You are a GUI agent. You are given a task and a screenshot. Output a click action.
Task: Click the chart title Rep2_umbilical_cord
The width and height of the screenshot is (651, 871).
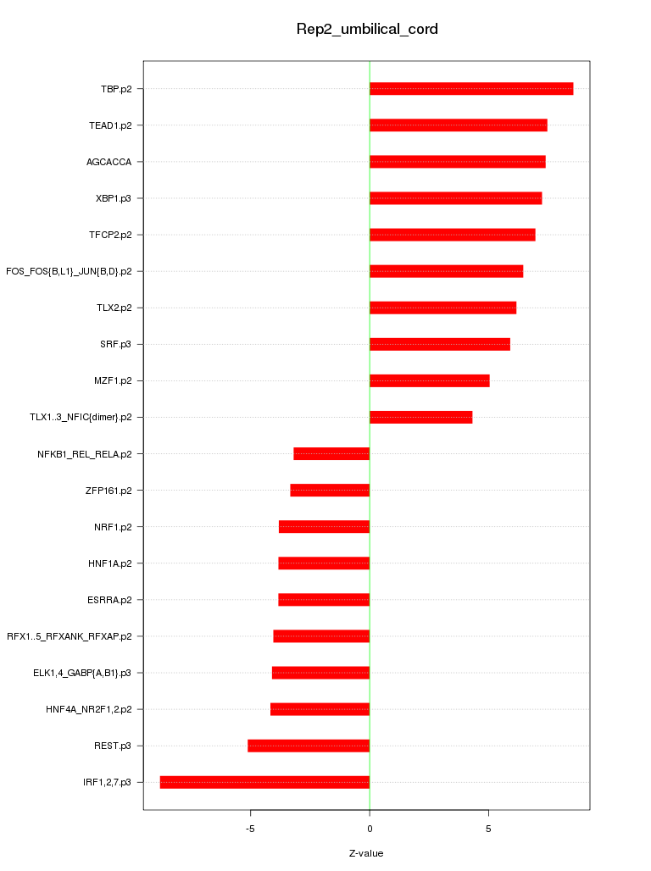click(366, 30)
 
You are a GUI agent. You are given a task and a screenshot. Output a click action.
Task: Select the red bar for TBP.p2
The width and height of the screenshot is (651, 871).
click(471, 89)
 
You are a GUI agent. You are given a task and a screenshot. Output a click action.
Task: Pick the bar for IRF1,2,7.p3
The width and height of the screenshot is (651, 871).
click(264, 782)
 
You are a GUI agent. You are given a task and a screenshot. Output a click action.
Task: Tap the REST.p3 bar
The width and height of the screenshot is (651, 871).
click(309, 746)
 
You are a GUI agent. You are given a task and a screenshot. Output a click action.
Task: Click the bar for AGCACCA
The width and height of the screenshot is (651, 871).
click(457, 162)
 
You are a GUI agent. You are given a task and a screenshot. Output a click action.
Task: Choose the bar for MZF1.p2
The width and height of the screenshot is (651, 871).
click(429, 380)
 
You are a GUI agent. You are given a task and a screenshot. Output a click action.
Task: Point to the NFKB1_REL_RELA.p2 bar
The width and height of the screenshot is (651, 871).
click(331, 453)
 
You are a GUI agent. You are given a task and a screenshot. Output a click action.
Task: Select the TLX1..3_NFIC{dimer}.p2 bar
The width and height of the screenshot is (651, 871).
click(420, 417)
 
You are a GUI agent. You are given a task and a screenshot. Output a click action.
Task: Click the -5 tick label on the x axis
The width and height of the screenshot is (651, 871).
click(250, 829)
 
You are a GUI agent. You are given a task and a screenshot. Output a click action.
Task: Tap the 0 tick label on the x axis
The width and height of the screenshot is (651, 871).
click(370, 829)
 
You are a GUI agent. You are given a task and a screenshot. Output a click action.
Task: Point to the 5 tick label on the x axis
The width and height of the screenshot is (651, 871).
click(488, 829)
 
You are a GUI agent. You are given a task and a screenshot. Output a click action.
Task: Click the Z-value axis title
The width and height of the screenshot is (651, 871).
click(366, 853)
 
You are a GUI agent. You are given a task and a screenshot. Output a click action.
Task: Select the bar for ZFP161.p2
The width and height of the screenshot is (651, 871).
click(330, 490)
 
